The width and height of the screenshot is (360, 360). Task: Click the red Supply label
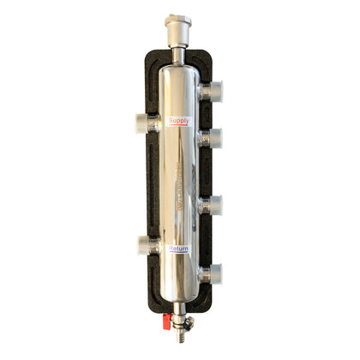click(x=180, y=121)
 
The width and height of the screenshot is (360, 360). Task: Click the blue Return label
click(x=179, y=249)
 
